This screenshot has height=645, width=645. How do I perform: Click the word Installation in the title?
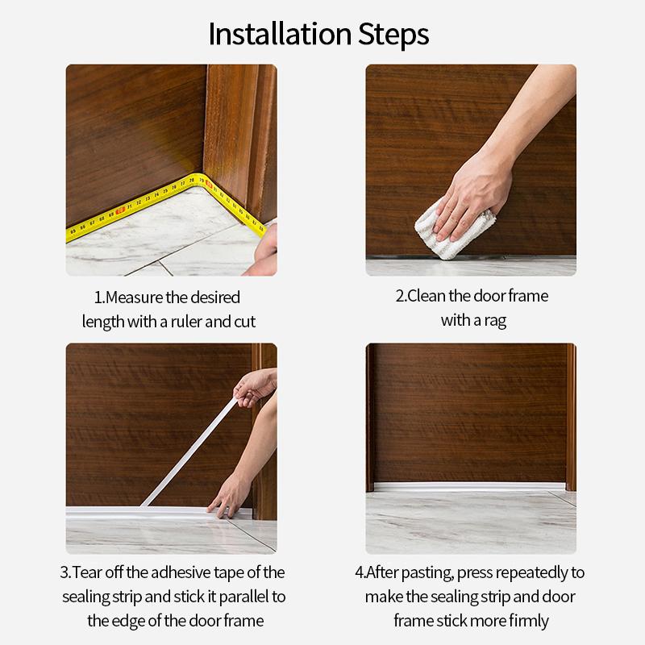pos(277,34)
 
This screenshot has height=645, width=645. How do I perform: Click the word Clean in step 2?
pos(427,296)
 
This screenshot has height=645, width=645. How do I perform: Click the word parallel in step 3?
pos(237,597)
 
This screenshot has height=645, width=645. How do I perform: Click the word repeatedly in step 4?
pos(531,572)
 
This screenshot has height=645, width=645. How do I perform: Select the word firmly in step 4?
pos(527,621)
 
